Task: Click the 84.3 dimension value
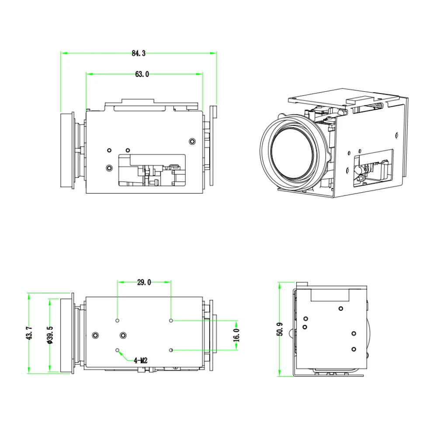point(139,53)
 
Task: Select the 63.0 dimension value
point(142,74)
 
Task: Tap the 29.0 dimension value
point(144,282)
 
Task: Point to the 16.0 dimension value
point(236,335)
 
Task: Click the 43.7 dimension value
point(30,333)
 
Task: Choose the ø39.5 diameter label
point(50,335)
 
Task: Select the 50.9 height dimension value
point(280,329)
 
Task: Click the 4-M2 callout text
point(140,361)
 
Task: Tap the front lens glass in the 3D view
point(292,155)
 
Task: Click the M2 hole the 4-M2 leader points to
point(117,350)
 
